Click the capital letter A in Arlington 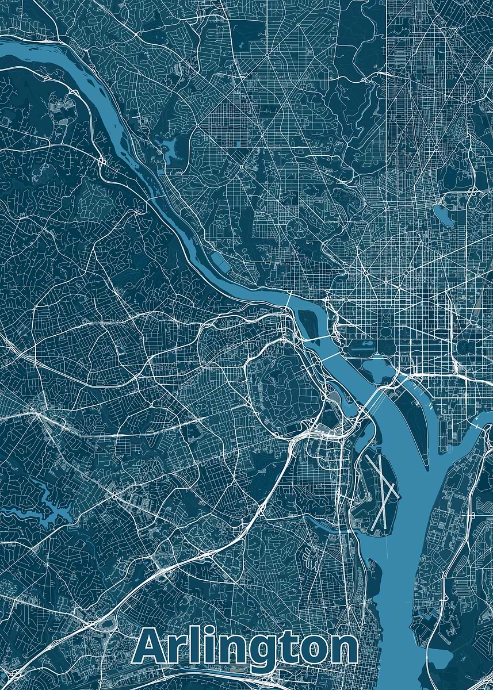click(151, 649)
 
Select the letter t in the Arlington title click(281, 649)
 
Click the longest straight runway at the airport click(380, 492)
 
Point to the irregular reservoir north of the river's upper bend click(170, 148)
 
